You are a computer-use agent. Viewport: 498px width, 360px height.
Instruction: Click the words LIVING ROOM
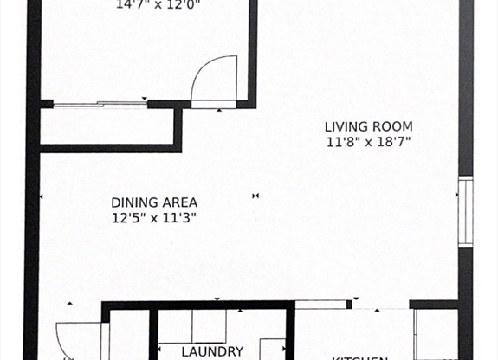pos(369,126)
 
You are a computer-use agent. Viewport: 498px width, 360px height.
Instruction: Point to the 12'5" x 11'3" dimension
pos(154,218)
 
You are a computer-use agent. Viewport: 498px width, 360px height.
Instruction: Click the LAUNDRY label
pos(212,351)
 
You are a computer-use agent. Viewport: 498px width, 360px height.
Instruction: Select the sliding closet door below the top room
pos(100,105)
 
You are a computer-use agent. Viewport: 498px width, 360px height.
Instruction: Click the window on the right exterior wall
pos(465,212)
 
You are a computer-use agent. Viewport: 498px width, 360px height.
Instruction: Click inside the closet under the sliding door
pos(107,126)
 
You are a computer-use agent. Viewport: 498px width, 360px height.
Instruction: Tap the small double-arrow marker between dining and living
pos(255,196)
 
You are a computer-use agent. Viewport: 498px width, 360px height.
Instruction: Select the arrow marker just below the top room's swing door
pos(219,111)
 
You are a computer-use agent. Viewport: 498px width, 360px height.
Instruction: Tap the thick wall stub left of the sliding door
pos(46,105)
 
